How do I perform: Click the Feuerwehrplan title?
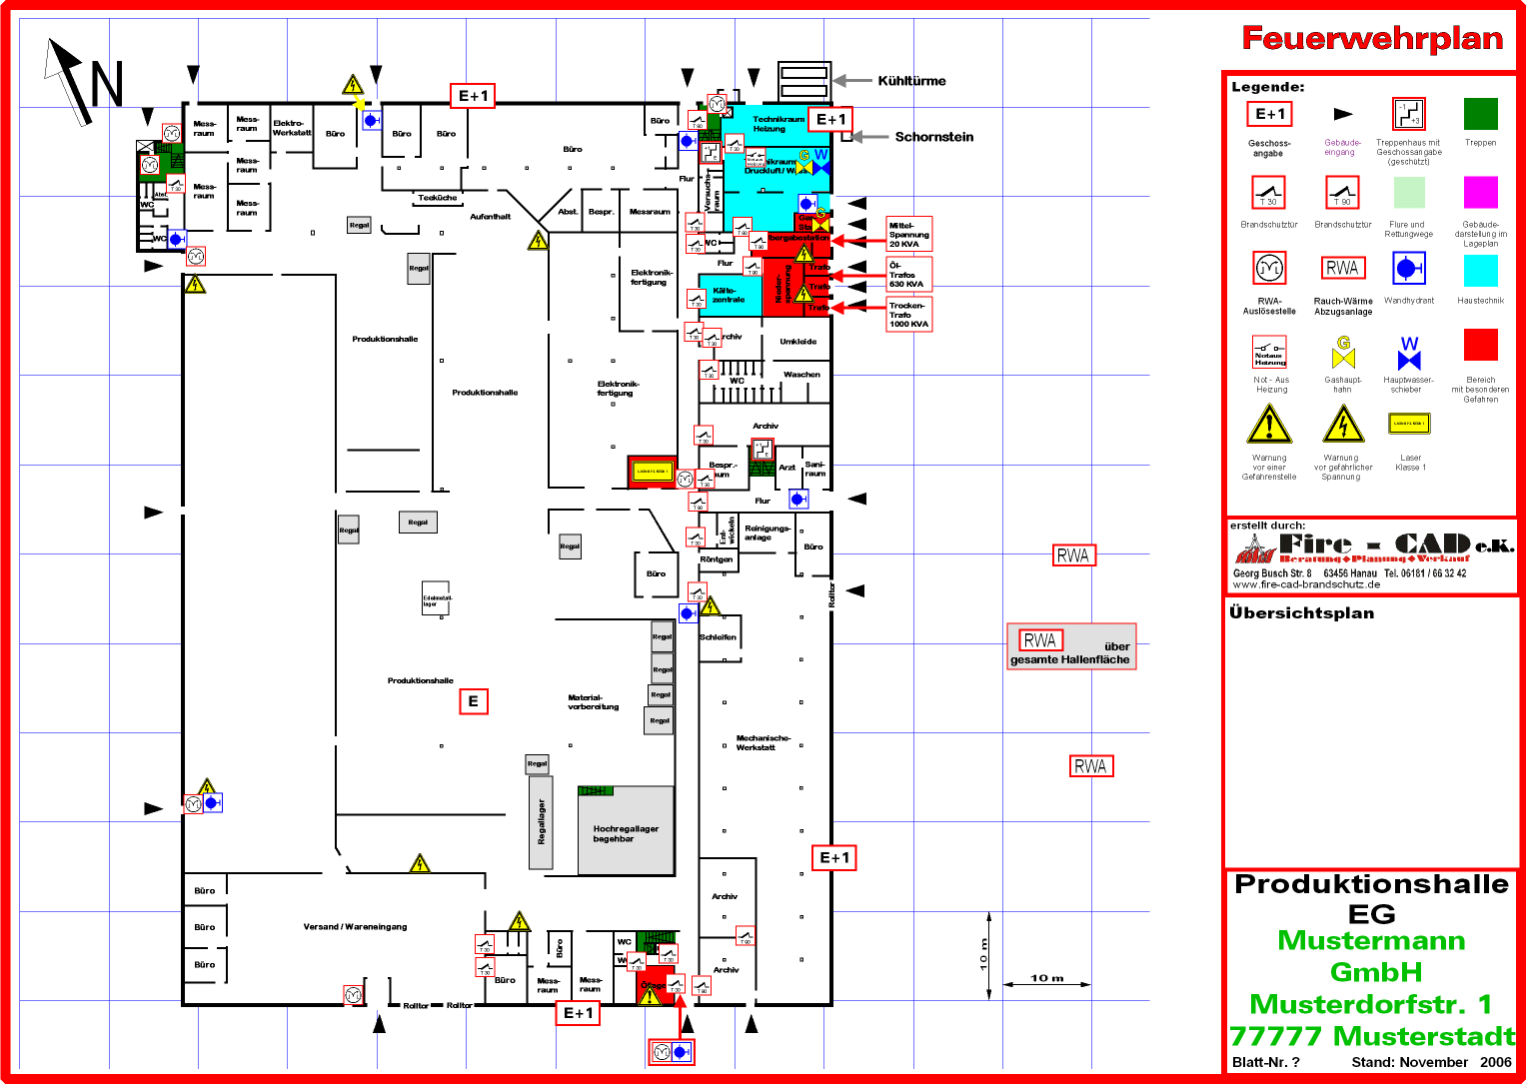(1372, 39)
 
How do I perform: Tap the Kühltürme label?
(911, 81)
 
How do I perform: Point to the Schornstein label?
(933, 137)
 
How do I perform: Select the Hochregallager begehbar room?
(626, 833)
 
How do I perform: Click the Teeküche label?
(438, 198)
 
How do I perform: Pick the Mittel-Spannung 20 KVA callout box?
(908, 235)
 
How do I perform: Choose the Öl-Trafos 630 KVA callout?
(908, 275)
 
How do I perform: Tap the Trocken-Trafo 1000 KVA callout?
(908, 315)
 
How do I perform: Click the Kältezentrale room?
(729, 295)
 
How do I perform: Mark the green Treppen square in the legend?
(1480, 114)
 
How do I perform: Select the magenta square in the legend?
(1480, 192)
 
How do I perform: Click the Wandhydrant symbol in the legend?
(1408, 269)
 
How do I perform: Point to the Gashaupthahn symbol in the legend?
(1343, 353)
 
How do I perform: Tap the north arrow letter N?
(107, 84)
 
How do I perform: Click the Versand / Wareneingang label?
(355, 927)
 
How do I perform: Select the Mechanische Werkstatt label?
(763, 742)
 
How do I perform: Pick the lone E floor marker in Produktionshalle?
(473, 701)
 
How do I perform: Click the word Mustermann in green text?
(1371, 941)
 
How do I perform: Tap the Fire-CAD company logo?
(1373, 547)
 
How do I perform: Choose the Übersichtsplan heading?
(1301, 613)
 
